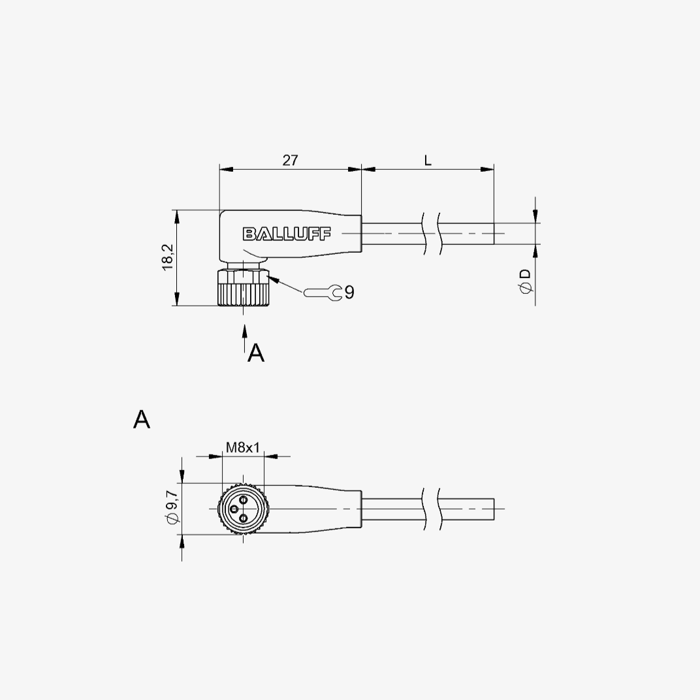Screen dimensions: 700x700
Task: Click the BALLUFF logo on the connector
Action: click(x=287, y=234)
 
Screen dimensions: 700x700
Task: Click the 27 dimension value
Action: click(x=290, y=160)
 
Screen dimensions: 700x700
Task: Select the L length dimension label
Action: click(x=428, y=160)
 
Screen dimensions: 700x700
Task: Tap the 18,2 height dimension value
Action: click(x=168, y=257)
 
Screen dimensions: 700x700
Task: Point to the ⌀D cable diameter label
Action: click(x=526, y=281)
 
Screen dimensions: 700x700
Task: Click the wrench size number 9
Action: click(x=349, y=293)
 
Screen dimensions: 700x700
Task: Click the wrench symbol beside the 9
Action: click(x=323, y=293)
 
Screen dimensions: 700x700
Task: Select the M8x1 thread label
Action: click(x=242, y=447)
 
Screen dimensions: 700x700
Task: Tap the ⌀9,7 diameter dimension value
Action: click(x=172, y=507)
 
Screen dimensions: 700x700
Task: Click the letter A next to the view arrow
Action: click(x=256, y=353)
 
